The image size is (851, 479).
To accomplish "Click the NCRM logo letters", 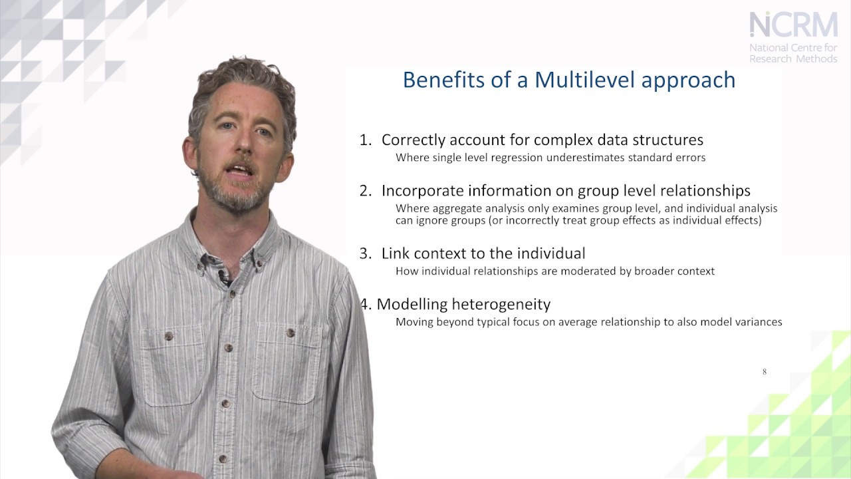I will pos(793,25).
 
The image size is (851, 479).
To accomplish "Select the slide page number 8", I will pos(765,372).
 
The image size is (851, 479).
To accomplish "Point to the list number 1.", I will pos(365,140).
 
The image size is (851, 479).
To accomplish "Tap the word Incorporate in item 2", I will pos(422,191).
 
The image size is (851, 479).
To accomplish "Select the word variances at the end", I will pos(757,322).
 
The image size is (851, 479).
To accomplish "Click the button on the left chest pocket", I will pos(169,336).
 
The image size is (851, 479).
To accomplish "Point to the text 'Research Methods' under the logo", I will pos(793,59).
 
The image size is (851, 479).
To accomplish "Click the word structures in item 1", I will pos(667,140).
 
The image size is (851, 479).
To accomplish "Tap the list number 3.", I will pos(365,253).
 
